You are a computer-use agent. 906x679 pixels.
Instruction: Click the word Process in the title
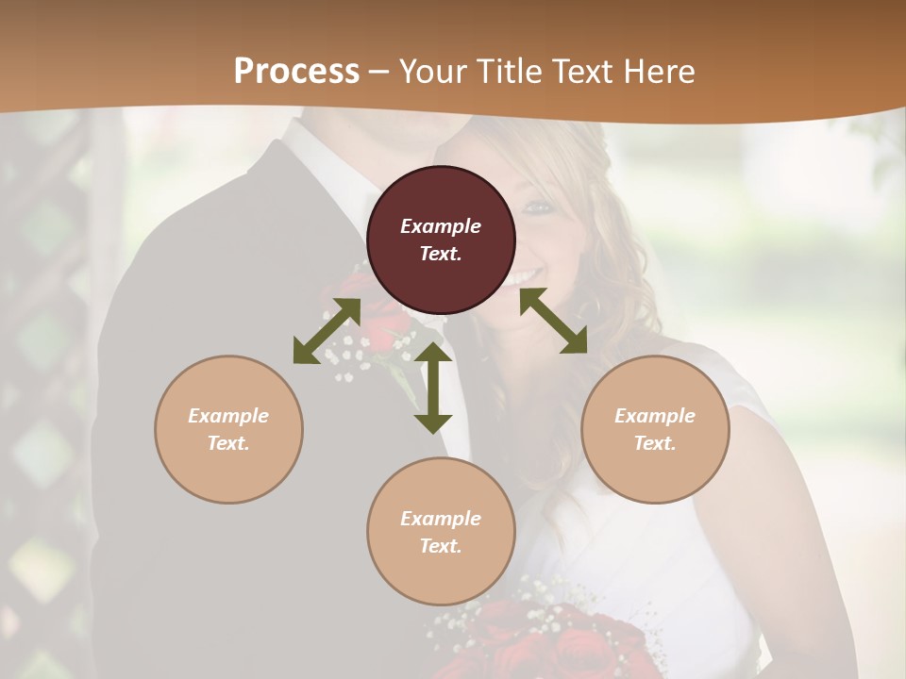pos(296,72)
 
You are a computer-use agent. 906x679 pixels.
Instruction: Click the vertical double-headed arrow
pos(433,388)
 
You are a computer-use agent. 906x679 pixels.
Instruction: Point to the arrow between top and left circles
pos(327,330)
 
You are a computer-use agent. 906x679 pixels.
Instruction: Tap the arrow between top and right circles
pos(553,321)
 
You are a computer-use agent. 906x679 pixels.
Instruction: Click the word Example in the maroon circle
pos(441,226)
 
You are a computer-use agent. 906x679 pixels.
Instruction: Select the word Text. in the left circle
pos(228,443)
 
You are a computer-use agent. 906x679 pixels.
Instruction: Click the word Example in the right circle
pos(655,416)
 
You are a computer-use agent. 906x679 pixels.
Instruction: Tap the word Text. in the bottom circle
pos(441,546)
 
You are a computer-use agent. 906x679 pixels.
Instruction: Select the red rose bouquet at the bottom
pos(557,641)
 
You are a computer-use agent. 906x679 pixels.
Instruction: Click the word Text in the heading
pos(586,72)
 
